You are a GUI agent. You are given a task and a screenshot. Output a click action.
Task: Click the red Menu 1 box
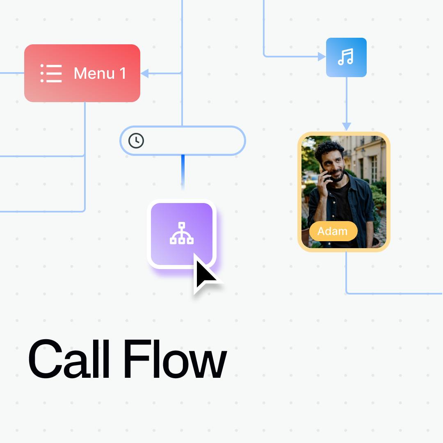[82, 73]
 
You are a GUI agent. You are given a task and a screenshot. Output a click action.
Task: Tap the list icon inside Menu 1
[51, 73]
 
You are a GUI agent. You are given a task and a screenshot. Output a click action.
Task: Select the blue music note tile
[346, 57]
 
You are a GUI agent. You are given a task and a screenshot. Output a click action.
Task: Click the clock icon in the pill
[136, 140]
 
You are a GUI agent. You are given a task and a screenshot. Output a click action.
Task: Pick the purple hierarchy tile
[182, 234]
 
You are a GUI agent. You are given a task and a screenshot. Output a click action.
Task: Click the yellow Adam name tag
[333, 231]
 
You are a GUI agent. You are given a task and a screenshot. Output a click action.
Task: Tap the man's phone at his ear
[324, 172]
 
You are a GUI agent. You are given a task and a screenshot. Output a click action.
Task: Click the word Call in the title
[69, 359]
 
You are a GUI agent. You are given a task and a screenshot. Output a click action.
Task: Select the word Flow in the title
[175, 359]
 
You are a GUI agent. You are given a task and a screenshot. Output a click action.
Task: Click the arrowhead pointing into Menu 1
[145, 73]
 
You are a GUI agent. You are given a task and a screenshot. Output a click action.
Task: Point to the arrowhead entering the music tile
[322, 57]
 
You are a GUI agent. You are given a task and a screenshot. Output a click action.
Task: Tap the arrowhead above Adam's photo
[347, 126]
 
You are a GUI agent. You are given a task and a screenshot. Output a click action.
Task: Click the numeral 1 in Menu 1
[123, 73]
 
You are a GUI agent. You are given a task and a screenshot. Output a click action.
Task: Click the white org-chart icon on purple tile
[182, 233]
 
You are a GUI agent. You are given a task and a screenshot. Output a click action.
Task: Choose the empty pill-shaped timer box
[183, 141]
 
